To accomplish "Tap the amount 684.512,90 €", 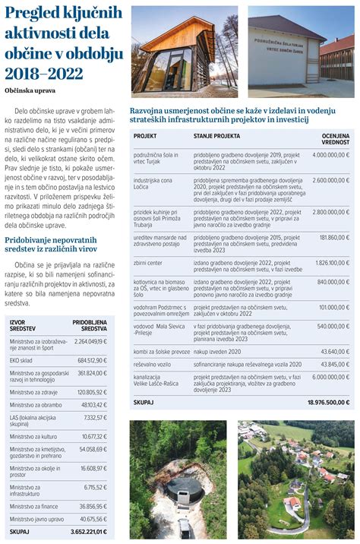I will (x=90, y=360).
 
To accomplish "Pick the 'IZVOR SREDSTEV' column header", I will (x=22, y=325).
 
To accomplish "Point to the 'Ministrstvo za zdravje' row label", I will (x=34, y=392).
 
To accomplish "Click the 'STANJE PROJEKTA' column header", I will (x=216, y=136).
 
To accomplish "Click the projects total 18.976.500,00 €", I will (x=327, y=401).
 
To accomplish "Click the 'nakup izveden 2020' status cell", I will (x=219, y=352).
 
